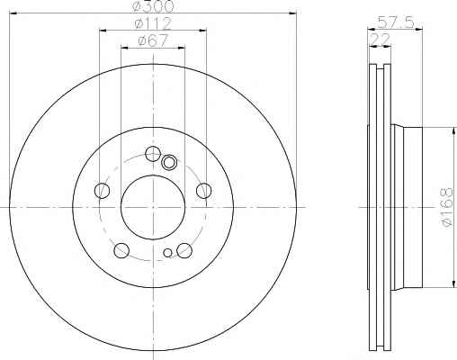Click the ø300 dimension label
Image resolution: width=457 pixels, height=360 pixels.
tap(153, 6)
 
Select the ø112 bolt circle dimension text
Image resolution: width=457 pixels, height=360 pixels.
tap(153, 23)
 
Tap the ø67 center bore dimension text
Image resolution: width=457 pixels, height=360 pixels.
tap(153, 40)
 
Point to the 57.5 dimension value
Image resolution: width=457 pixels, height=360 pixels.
tap(396, 22)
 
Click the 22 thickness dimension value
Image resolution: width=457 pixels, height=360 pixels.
tap(381, 40)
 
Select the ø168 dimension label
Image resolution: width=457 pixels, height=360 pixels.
tap(446, 207)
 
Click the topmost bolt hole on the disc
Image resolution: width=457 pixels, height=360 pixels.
tap(153, 154)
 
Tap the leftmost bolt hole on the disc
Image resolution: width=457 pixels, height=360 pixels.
tap(102, 191)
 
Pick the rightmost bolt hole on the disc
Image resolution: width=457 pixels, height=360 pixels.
tap(204, 191)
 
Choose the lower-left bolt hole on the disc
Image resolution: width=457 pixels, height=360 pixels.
tap(121, 250)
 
